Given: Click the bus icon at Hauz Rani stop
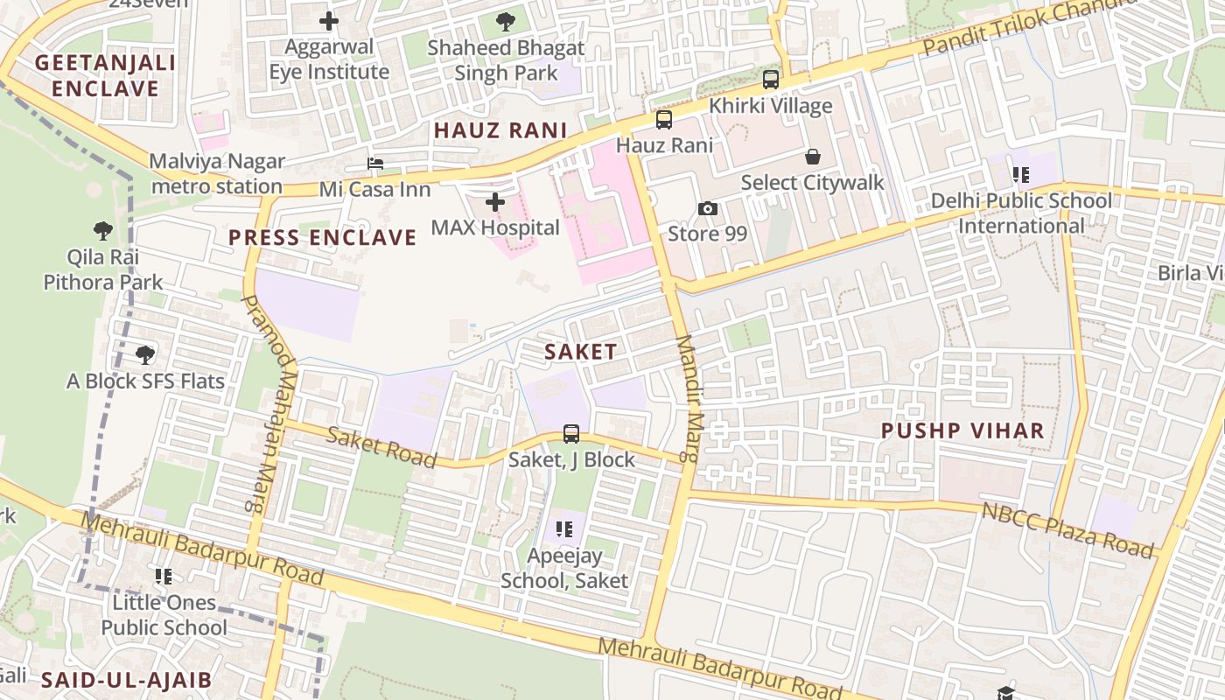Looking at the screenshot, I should [x=664, y=120].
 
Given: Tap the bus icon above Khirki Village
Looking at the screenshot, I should [x=771, y=80].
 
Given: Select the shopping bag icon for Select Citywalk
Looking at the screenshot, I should [x=813, y=157].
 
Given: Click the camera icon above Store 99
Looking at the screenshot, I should [x=707, y=208].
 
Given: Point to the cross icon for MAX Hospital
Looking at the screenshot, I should [x=495, y=202].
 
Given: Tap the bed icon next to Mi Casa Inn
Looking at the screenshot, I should [x=375, y=164].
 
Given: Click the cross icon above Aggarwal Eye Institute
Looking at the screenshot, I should [x=329, y=20].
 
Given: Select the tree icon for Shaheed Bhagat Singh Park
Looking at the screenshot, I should [x=505, y=21].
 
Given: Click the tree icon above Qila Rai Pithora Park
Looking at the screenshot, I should [x=103, y=231].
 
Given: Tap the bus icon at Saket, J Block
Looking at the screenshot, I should [x=571, y=433].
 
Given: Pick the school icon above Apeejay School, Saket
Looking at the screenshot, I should [x=564, y=529].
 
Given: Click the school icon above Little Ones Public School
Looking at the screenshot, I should [x=164, y=577].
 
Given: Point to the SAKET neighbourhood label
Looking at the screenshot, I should [x=580, y=352].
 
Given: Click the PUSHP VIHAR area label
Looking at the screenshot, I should [x=962, y=430].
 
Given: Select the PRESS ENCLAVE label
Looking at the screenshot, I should [x=323, y=238].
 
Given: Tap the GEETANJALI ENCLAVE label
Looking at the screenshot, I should [x=105, y=75].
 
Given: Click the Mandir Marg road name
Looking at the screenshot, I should [x=687, y=398].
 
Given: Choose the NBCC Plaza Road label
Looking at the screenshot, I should [x=1067, y=530].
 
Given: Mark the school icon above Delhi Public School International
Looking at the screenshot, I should [x=1021, y=174].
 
